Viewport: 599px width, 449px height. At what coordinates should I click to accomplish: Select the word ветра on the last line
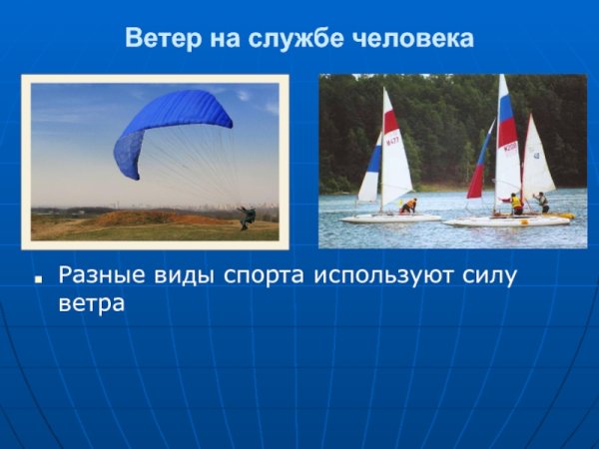[x=91, y=303]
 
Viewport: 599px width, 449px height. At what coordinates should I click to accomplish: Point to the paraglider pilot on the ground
[x=245, y=218]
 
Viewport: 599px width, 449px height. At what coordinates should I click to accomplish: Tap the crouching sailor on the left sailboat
[x=408, y=206]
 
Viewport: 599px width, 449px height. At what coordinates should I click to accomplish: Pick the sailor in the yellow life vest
[x=515, y=204]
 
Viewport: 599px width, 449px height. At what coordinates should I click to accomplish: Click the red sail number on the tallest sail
[x=509, y=147]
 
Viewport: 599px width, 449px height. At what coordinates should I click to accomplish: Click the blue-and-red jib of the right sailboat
[x=479, y=165]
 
